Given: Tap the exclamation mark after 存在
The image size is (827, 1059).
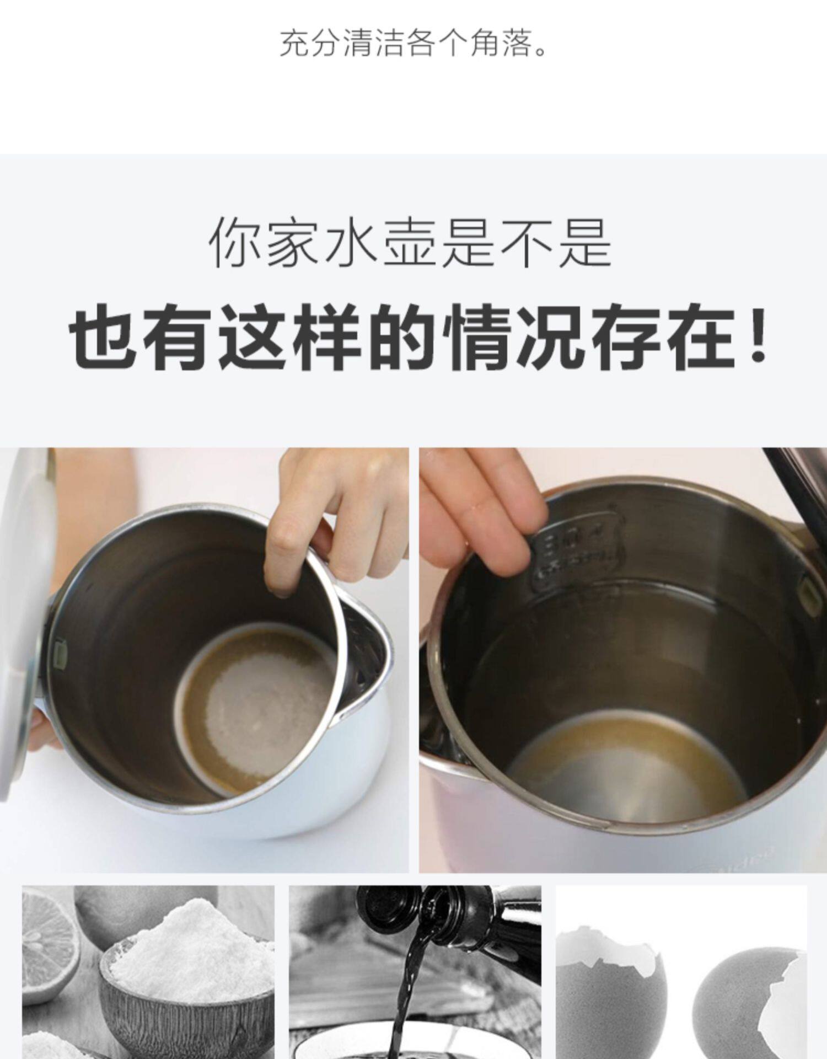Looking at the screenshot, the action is (x=760, y=337).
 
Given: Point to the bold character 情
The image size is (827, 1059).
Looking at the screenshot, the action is (x=481, y=337).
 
